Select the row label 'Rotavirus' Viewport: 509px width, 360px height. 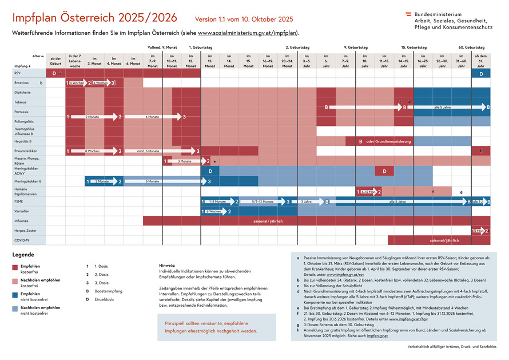point(22,83)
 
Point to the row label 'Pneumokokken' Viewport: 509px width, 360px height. point(25,151)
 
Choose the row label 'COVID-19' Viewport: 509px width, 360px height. point(22,240)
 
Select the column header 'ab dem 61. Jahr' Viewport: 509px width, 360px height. point(481,61)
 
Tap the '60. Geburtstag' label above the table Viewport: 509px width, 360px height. point(471,48)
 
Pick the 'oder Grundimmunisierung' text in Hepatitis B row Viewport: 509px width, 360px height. point(389,141)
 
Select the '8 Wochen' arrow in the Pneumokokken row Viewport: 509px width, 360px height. point(93,151)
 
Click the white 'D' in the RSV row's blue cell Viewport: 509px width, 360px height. point(481,73)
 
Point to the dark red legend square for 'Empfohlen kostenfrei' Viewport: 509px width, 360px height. point(15,267)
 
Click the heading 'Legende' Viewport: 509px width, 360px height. point(23,255)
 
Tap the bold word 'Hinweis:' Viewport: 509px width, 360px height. point(167,266)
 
